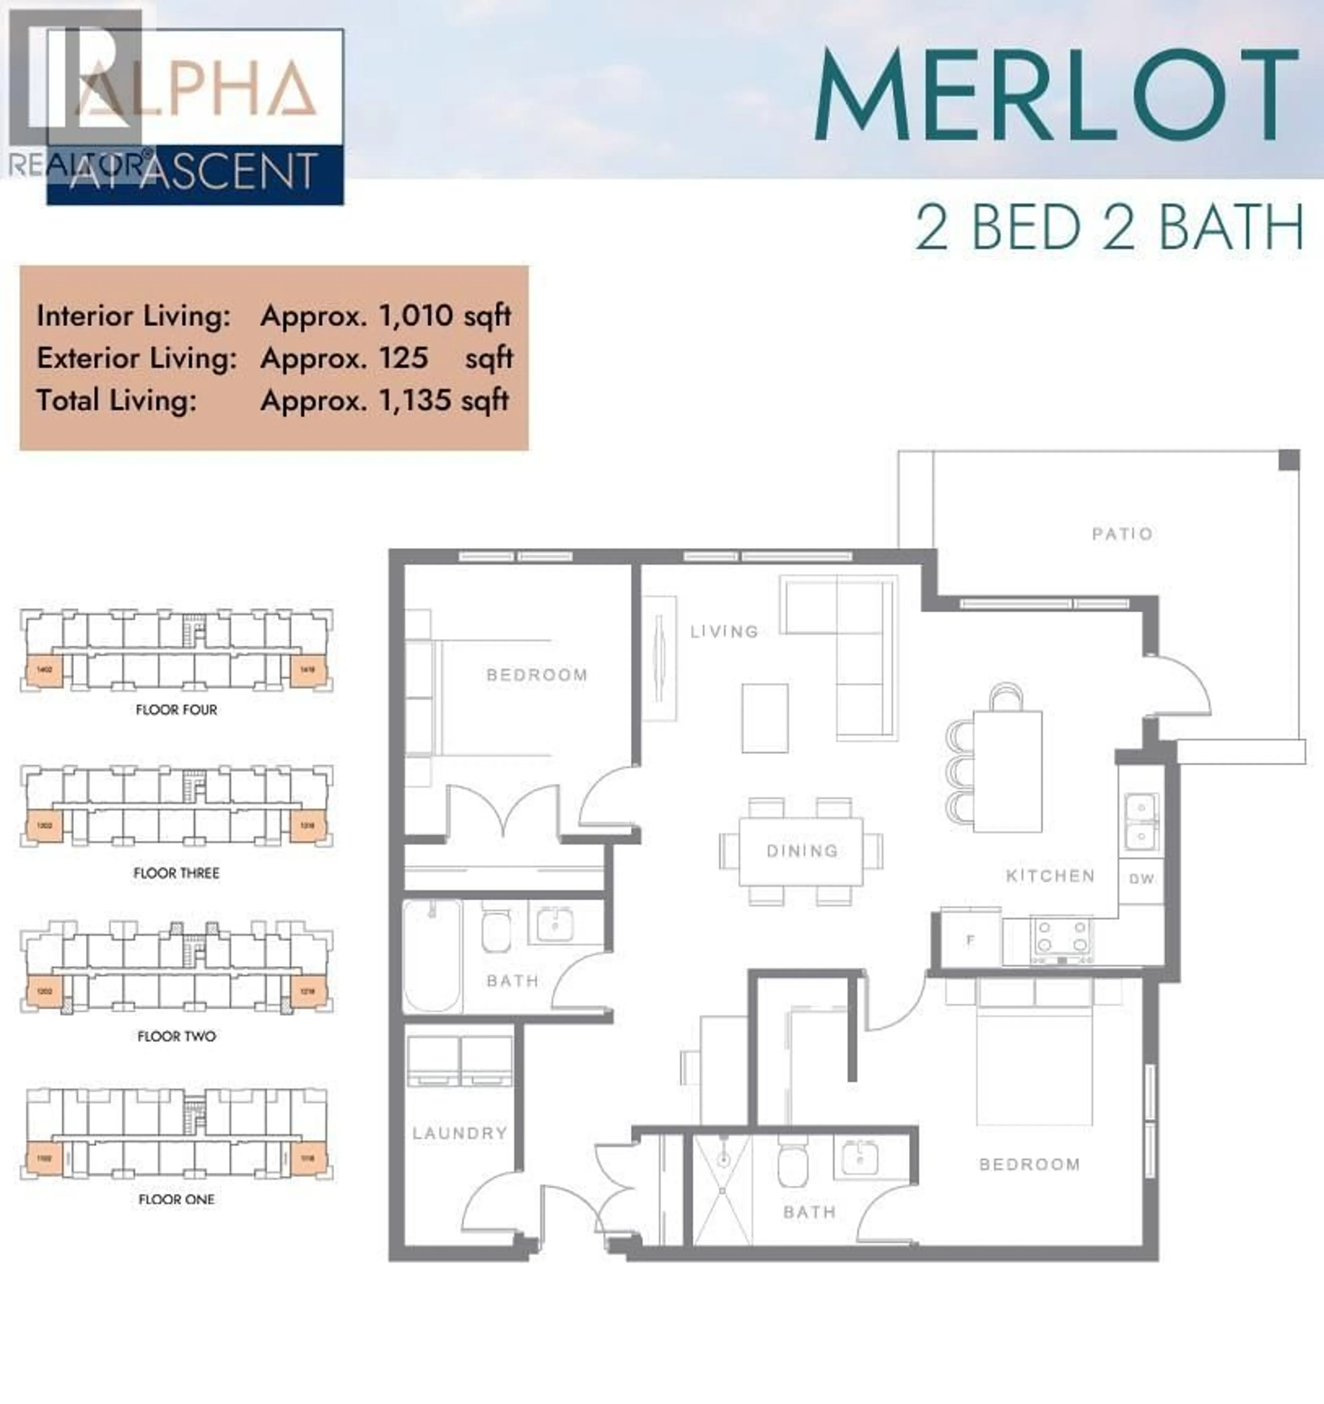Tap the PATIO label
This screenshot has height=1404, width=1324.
[x=1122, y=534]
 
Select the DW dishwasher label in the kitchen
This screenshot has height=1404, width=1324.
[x=1141, y=879]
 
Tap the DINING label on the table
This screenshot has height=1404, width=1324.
[x=802, y=851]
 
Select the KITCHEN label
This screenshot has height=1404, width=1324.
[x=1050, y=876]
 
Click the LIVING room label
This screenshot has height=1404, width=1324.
[x=724, y=631]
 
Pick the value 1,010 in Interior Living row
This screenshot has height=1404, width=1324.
[x=416, y=316]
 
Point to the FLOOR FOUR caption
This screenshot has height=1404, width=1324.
[x=177, y=710]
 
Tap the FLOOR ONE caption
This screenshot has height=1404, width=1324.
[x=177, y=1199]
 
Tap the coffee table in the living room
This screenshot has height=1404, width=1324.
[x=765, y=718]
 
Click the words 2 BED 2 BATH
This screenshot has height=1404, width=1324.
[x=1109, y=227]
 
